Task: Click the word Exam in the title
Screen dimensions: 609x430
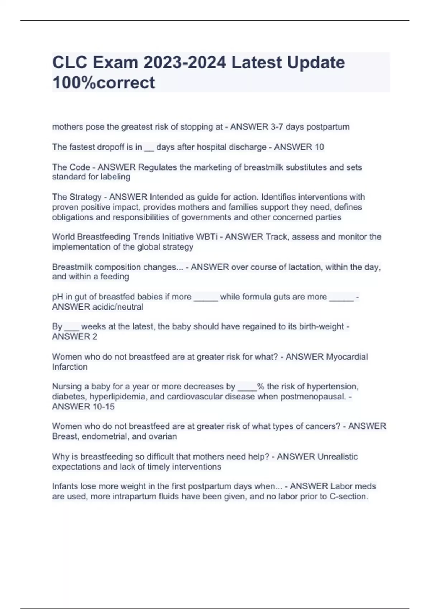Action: [115, 62]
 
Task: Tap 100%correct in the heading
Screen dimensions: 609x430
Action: [104, 82]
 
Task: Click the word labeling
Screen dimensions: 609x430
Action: [117, 177]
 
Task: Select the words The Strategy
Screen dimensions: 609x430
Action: [77, 197]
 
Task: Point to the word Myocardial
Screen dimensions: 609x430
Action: [347, 357]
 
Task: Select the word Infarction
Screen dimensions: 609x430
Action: [70, 367]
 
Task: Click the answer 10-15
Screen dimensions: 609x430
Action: [103, 407]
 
